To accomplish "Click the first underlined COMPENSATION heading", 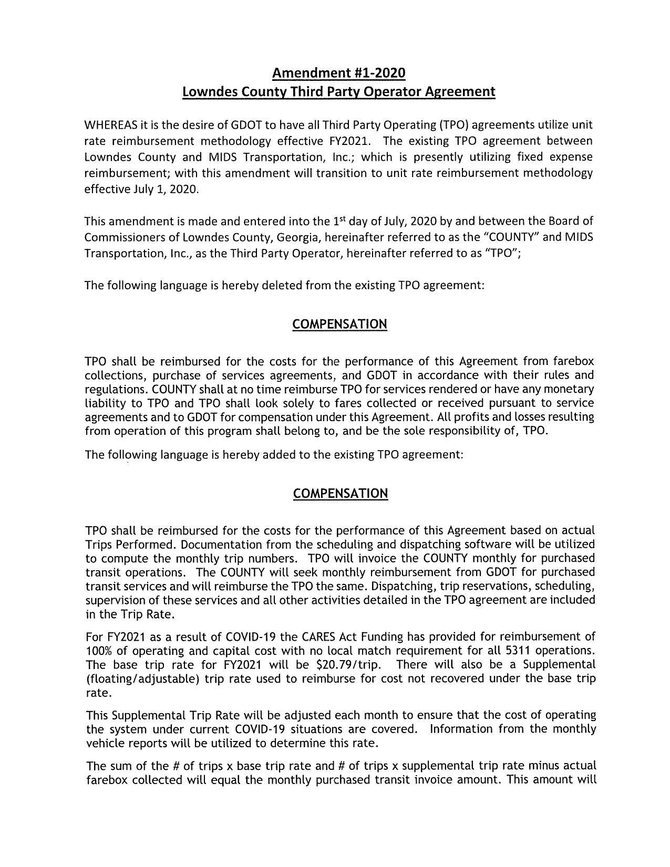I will tap(339, 324).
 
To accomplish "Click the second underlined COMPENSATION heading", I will tap(340, 494).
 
